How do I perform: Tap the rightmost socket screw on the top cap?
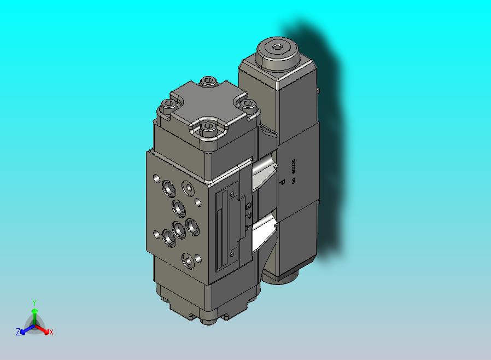(248, 103)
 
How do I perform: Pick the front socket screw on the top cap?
(207, 127)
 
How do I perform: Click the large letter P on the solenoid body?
(282, 183)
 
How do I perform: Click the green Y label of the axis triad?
(34, 302)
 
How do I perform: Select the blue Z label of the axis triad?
(18, 332)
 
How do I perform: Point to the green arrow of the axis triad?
(34, 315)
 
